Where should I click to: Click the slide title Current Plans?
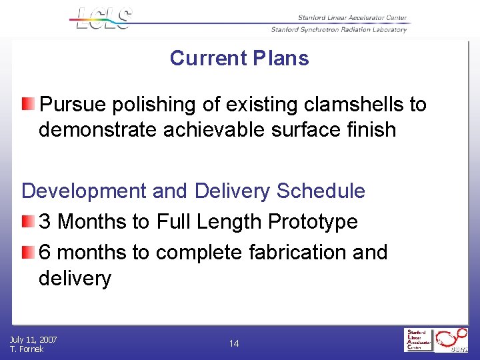[239, 59]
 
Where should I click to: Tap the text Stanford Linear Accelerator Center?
[343, 18]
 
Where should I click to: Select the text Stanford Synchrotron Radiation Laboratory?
[339, 29]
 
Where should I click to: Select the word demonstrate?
[99, 129]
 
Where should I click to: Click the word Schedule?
[321, 191]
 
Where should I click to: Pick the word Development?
[84, 191]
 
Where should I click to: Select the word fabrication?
[294, 253]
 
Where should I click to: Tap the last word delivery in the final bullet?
[75, 278]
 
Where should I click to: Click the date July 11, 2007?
[33, 340]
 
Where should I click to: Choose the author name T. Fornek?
[27, 349]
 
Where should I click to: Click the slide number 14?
[234, 344]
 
